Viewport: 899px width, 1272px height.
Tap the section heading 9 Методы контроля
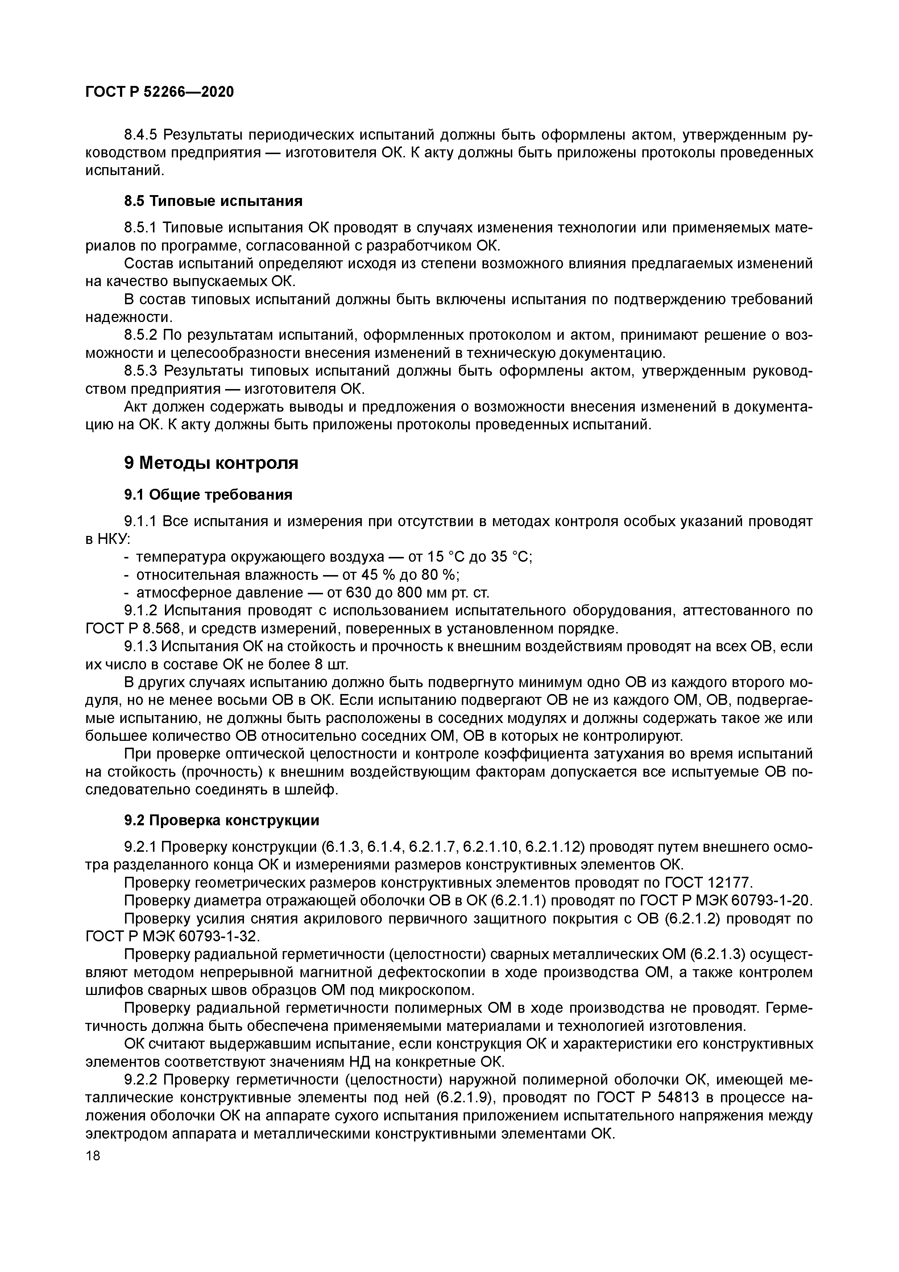coord(211,463)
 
